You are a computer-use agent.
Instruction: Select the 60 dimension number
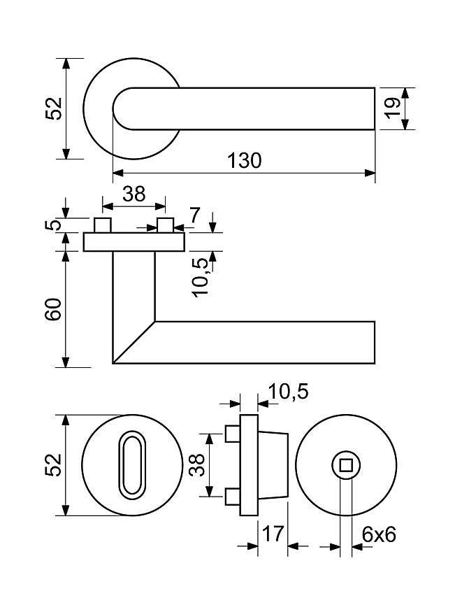click(x=55, y=308)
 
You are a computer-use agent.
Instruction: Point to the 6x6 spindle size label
click(x=379, y=534)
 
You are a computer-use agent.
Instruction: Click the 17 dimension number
click(x=273, y=534)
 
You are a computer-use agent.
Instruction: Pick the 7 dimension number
click(x=194, y=215)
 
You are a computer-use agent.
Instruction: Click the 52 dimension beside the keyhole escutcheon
click(x=55, y=465)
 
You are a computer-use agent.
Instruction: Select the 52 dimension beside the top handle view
click(x=55, y=109)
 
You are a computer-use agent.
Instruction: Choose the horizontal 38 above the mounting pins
click(x=133, y=194)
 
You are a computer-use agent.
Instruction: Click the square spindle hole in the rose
click(x=345, y=464)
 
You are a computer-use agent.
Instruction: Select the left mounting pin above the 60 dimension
click(x=103, y=226)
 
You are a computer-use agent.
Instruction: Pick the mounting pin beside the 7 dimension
click(x=166, y=226)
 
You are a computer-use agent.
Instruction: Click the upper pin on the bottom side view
click(x=232, y=434)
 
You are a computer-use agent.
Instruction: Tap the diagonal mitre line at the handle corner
click(x=134, y=342)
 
